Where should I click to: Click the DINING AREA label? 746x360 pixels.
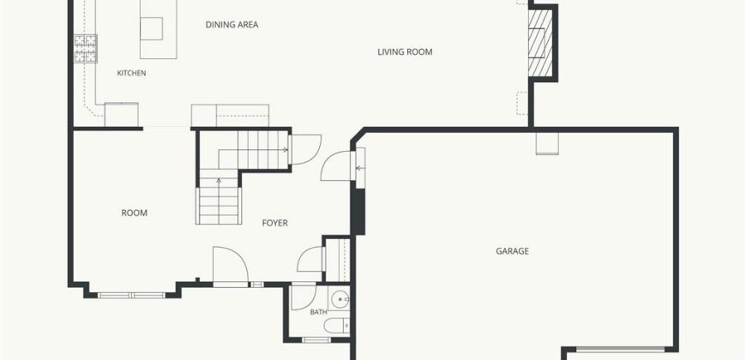pyautogui.click(x=232, y=25)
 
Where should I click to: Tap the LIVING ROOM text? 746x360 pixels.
pyautogui.click(x=405, y=51)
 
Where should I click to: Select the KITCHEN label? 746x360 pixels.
pyautogui.click(x=131, y=73)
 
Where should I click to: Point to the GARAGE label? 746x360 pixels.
pyautogui.click(x=512, y=251)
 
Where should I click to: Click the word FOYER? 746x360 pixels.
pyautogui.click(x=274, y=223)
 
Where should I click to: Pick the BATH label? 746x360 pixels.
pyautogui.click(x=318, y=313)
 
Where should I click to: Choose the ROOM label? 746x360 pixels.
pyautogui.click(x=134, y=213)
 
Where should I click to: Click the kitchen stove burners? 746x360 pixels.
pyautogui.click(x=86, y=49)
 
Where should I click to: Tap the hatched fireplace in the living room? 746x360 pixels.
pyautogui.click(x=540, y=43)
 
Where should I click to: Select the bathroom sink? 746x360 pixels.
pyautogui.click(x=340, y=298)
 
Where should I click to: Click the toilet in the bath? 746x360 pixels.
pyautogui.click(x=337, y=326)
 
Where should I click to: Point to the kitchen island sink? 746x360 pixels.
pyautogui.click(x=151, y=28)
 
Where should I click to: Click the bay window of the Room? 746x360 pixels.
pyautogui.click(x=131, y=296)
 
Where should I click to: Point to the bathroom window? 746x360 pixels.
pyautogui.click(x=316, y=339)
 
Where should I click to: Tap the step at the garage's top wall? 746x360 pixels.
pyautogui.click(x=547, y=143)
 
